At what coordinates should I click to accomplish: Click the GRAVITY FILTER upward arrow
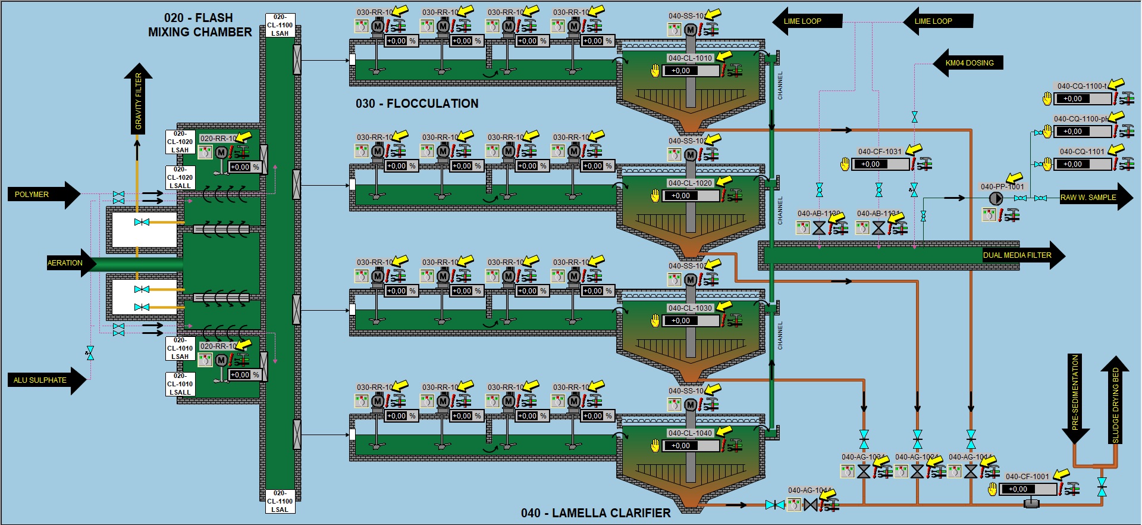[x=138, y=98]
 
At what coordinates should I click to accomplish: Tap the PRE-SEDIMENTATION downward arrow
[x=1075, y=396]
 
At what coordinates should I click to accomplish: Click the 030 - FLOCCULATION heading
[x=417, y=104]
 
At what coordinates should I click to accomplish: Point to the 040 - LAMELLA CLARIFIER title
[x=595, y=513]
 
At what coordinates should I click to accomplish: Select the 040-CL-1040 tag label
[x=690, y=433]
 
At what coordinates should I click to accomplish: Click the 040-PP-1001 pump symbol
[x=995, y=199]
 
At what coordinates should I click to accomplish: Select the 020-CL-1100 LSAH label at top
[x=280, y=25]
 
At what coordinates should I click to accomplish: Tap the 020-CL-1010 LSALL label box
[x=180, y=384]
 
